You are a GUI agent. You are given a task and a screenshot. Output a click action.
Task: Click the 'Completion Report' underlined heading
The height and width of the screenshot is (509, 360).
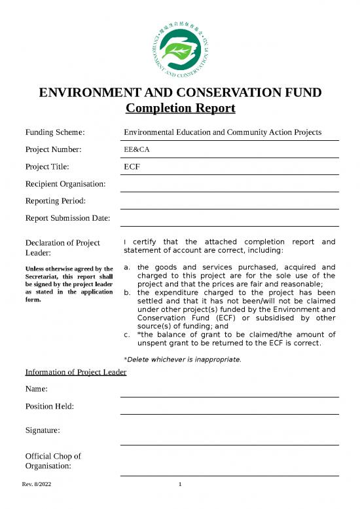click(x=180, y=108)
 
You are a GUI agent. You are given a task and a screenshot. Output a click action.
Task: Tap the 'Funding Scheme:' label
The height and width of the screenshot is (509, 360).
click(x=56, y=132)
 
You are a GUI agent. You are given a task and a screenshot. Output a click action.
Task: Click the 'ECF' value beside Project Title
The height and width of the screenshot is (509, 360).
click(x=132, y=166)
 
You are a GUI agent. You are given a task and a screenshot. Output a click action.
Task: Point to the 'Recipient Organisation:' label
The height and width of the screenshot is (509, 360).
click(x=65, y=183)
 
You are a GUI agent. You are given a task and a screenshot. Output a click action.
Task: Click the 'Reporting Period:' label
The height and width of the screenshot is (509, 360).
click(x=56, y=200)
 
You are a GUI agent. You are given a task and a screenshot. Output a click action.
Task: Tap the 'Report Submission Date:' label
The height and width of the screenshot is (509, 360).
click(x=67, y=217)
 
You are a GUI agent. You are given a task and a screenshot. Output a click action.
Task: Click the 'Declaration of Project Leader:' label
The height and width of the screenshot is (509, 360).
click(x=62, y=248)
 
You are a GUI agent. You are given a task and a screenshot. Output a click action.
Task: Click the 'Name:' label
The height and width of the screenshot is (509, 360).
click(x=37, y=389)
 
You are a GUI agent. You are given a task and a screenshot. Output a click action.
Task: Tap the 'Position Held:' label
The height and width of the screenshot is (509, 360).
click(x=49, y=406)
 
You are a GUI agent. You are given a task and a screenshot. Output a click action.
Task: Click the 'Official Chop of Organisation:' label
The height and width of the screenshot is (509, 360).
click(x=52, y=461)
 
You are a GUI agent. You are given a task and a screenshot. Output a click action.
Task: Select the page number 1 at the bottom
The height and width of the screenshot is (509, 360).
click(x=180, y=485)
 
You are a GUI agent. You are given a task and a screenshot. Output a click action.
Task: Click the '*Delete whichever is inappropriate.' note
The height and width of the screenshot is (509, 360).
click(x=182, y=359)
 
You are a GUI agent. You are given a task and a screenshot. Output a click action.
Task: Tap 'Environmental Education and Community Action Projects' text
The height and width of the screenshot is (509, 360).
click(x=223, y=132)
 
